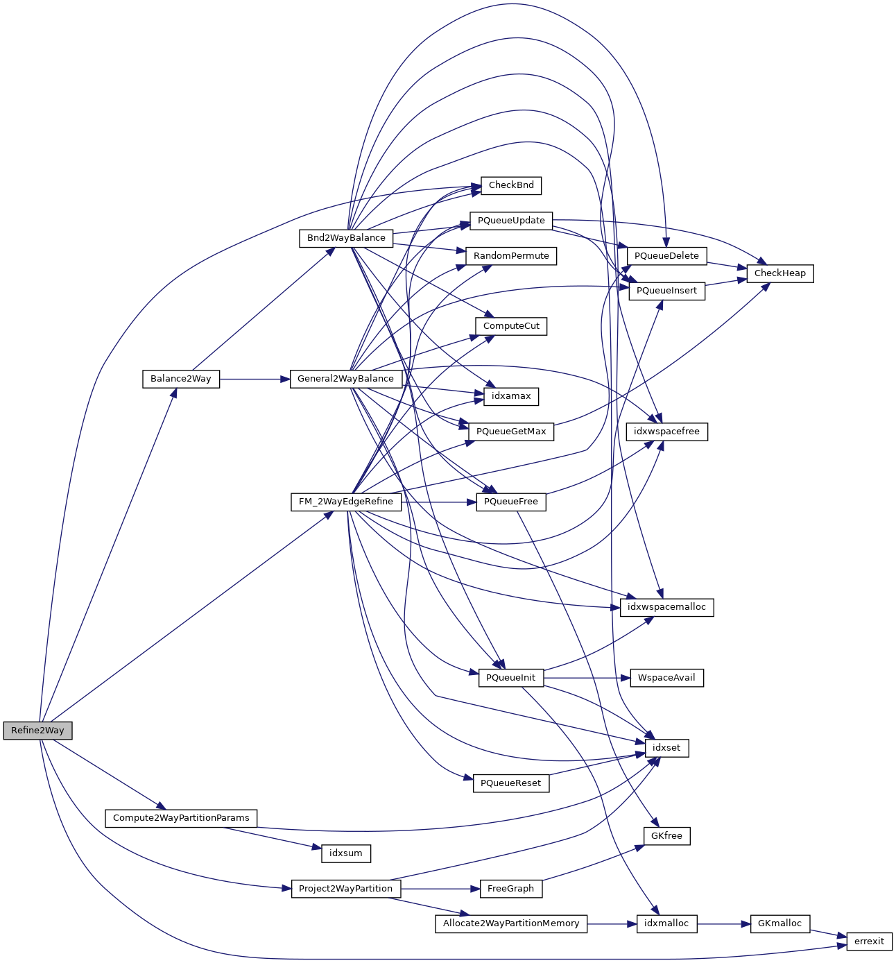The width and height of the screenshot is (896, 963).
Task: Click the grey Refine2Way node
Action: click(37, 731)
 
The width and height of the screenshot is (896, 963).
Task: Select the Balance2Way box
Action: click(180, 379)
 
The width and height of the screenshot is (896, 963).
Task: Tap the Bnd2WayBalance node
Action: click(346, 238)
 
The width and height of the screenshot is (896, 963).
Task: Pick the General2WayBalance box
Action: click(345, 379)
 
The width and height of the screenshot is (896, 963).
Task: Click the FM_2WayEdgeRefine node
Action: click(345, 502)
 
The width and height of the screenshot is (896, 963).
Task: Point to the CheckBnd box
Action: click(511, 185)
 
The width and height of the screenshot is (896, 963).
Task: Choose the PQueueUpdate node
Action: click(511, 221)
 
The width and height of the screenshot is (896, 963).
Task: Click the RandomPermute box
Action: click(511, 256)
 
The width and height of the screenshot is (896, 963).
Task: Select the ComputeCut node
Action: click(511, 326)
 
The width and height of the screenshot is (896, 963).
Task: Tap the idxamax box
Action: click(511, 396)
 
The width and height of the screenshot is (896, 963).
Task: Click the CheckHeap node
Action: click(779, 273)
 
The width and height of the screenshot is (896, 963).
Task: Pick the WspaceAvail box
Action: click(666, 678)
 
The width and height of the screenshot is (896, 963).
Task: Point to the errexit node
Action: click(869, 941)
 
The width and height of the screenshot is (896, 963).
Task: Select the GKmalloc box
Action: click(779, 923)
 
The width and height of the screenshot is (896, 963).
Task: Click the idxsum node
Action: click(345, 853)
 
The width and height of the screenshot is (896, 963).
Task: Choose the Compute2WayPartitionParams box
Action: click(181, 818)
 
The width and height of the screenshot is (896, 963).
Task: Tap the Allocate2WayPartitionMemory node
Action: click(511, 923)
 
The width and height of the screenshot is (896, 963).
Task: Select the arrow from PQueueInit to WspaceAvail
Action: click(587, 678)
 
